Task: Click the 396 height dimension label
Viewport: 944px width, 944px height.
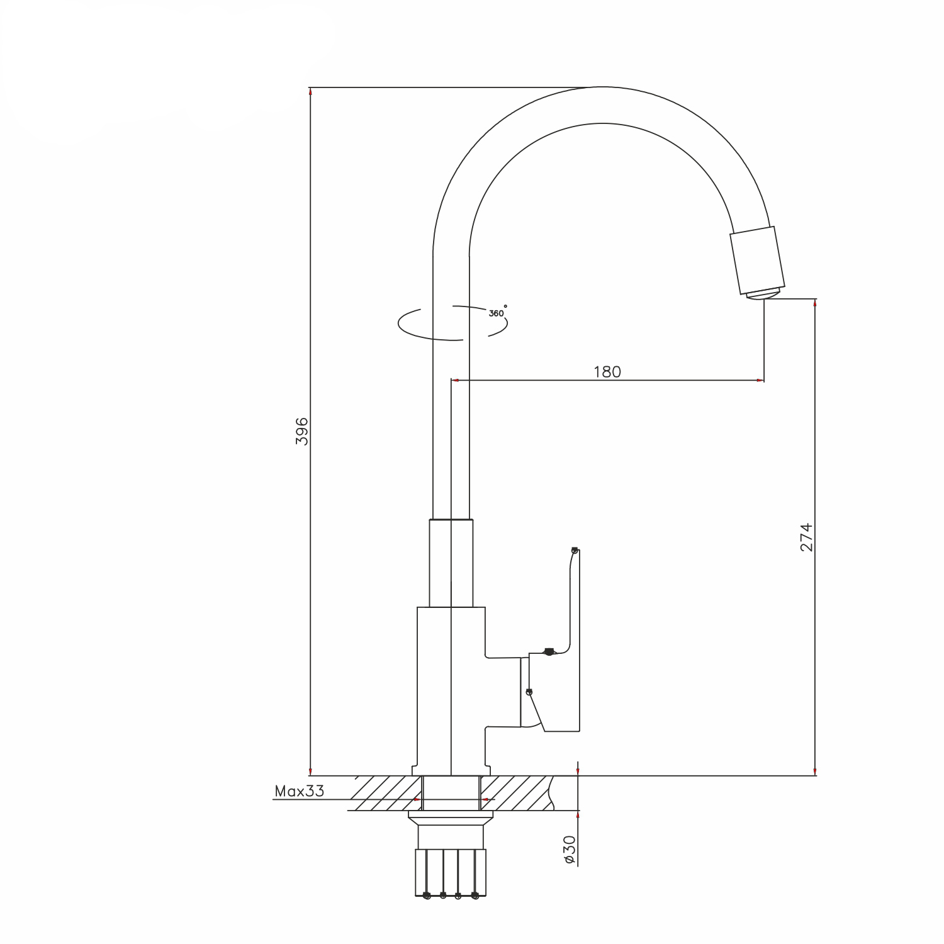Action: (302, 431)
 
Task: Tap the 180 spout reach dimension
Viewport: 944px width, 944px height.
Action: (607, 372)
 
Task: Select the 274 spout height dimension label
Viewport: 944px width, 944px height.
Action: (807, 537)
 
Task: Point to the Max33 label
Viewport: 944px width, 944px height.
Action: (300, 791)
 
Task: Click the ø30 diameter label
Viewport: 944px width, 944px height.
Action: (570, 850)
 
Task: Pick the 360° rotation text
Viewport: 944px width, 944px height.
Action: (498, 312)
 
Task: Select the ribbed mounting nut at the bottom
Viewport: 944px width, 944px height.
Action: (451, 873)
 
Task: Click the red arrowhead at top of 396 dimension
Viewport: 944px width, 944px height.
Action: (310, 92)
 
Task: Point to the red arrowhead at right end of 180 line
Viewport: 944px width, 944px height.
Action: (760, 380)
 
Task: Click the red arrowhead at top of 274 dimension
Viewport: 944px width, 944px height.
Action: (816, 304)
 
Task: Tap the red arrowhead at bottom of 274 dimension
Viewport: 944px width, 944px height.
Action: (816, 771)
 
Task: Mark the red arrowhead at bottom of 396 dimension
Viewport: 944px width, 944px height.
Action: (310, 771)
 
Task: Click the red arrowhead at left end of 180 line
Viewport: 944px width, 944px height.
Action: (456, 380)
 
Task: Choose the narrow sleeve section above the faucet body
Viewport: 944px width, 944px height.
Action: (451, 563)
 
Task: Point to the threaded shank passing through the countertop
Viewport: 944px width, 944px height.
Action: (451, 793)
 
